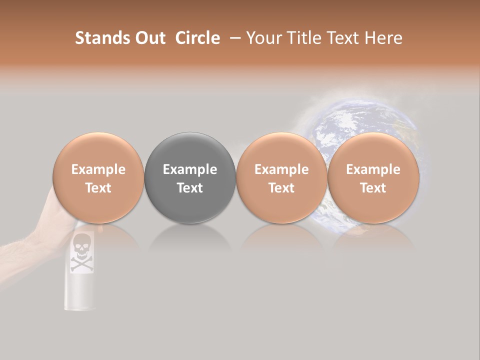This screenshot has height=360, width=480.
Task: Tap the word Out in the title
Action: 149,38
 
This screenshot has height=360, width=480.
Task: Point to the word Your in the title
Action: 264,38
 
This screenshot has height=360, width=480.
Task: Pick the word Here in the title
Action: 383,38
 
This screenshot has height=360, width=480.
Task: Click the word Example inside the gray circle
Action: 190,169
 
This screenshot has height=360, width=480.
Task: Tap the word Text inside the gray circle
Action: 190,188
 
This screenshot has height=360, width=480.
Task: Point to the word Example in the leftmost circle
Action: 98,169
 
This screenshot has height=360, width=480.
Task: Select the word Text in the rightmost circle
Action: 373,188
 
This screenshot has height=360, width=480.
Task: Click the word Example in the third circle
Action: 281,169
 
